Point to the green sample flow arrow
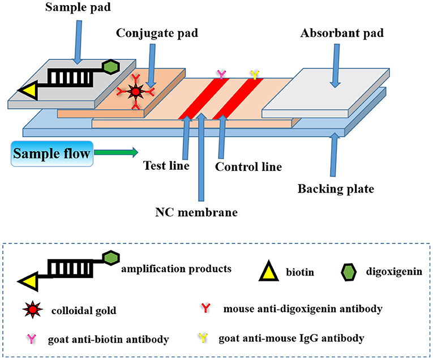[x=116, y=152]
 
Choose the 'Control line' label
[x=248, y=167]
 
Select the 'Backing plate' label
[x=336, y=188]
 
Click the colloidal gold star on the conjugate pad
[x=135, y=91]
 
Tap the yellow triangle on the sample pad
[x=28, y=90]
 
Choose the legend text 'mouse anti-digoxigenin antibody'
[x=302, y=309]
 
